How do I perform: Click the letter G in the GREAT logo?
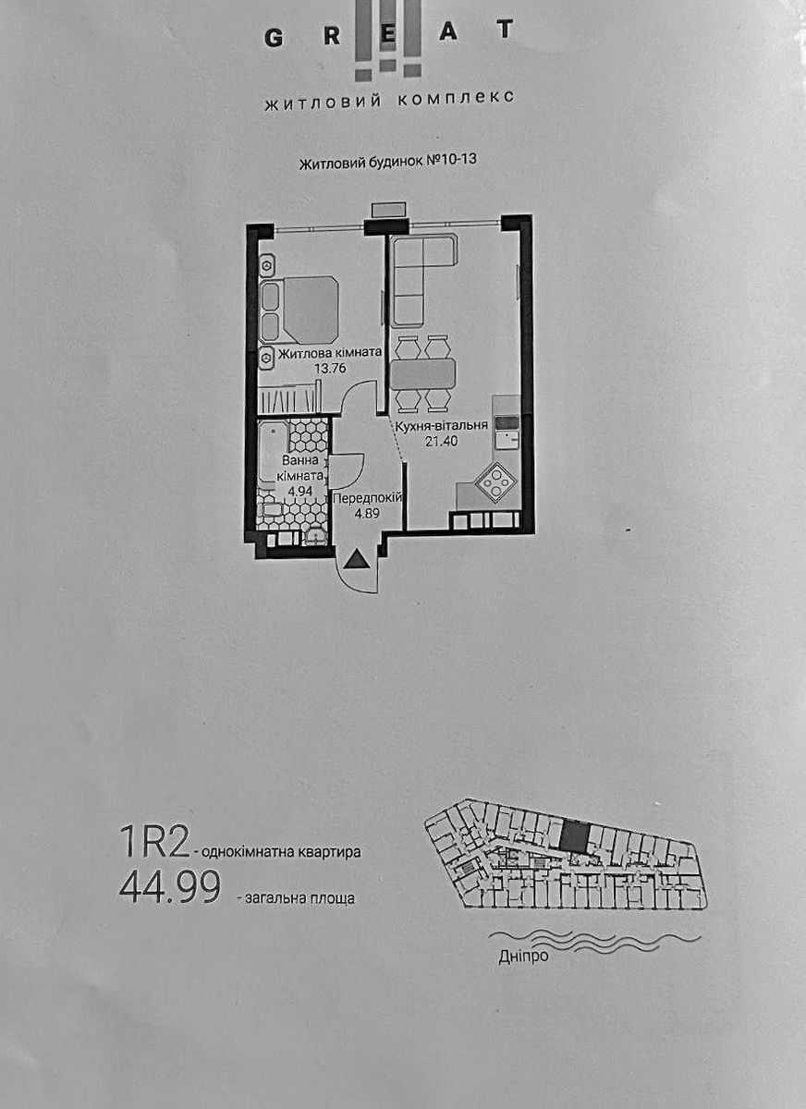pyautogui.click(x=274, y=38)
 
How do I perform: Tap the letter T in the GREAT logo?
pyautogui.click(x=505, y=30)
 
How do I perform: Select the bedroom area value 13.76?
pyautogui.click(x=330, y=369)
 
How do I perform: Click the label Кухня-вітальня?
pyautogui.click(x=440, y=426)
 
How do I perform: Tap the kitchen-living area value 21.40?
pyautogui.click(x=441, y=441)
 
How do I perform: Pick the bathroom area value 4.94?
pyautogui.click(x=300, y=491)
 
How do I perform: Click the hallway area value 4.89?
pyautogui.click(x=367, y=513)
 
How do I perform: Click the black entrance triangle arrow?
pyautogui.click(x=357, y=560)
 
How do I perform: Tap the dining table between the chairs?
pyautogui.click(x=422, y=373)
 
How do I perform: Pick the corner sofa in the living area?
pyautogui.click(x=422, y=280)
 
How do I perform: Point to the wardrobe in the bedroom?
pyautogui.click(x=288, y=399)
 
